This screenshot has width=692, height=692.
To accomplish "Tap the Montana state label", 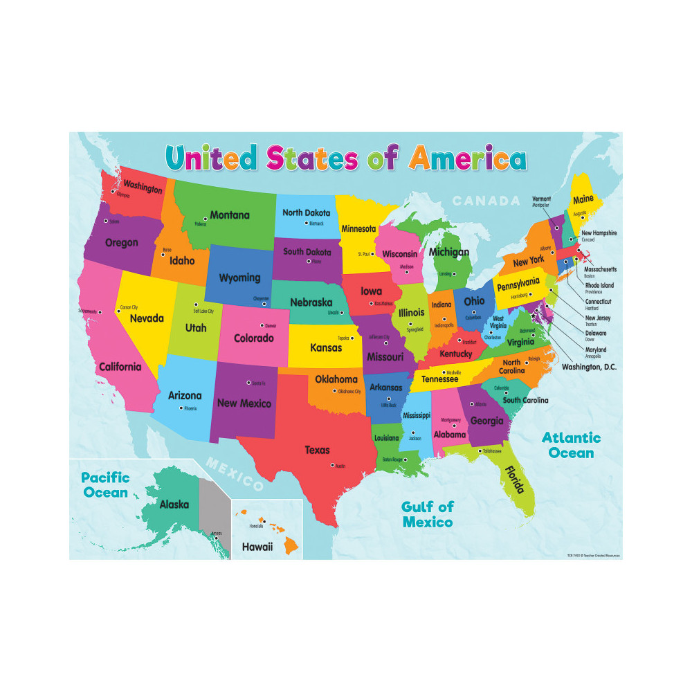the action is [x=230, y=215].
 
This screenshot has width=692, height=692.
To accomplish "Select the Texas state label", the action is [x=318, y=450].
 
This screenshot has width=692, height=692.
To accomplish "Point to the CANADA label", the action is [x=486, y=201].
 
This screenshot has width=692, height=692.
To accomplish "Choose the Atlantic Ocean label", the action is [x=571, y=445].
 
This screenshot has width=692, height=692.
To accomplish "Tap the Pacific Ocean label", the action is [x=104, y=484].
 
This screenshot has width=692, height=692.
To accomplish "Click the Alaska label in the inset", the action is [x=174, y=504].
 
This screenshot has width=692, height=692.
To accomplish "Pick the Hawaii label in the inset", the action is [x=257, y=547].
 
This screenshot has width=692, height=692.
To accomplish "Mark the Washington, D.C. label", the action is [x=589, y=367].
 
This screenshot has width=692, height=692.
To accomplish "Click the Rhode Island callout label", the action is [x=599, y=285].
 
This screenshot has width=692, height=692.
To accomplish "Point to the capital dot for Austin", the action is [x=332, y=464].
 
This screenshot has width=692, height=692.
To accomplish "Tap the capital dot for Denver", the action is [x=262, y=325].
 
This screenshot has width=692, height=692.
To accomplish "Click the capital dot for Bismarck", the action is [x=307, y=223].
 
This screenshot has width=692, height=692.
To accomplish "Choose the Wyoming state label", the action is [x=239, y=278].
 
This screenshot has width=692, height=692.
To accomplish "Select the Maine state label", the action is [x=583, y=200].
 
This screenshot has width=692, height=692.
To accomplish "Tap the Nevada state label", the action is [x=147, y=318].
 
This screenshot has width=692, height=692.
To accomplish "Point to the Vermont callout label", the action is [x=541, y=199].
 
